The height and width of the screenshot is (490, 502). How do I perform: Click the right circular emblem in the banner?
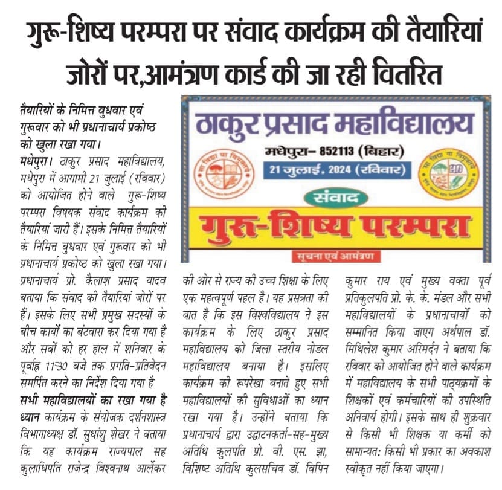tap(448, 170)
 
